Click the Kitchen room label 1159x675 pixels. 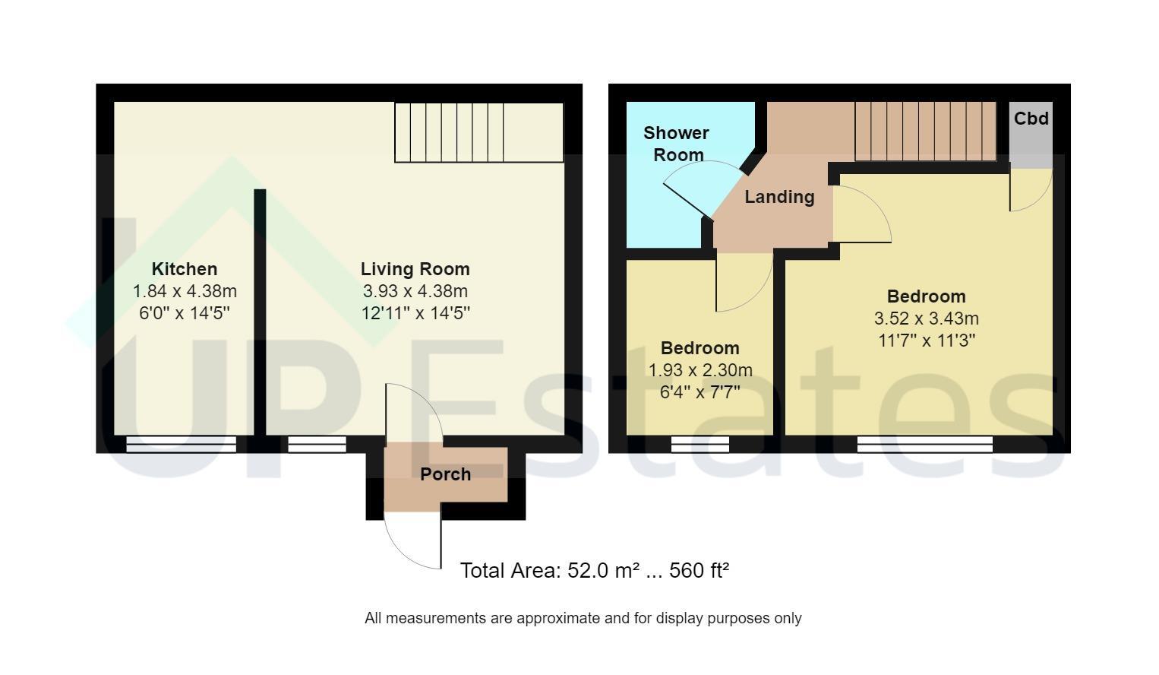(x=185, y=269)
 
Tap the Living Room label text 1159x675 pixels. (x=415, y=269)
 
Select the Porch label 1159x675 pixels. (x=446, y=474)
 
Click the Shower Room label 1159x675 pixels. (x=676, y=144)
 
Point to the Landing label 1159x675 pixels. (x=779, y=197)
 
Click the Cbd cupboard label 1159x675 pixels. (x=1031, y=119)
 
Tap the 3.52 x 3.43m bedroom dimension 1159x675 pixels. (x=926, y=318)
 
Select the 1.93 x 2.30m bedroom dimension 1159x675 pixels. (x=700, y=370)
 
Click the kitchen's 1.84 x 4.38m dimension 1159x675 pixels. (x=185, y=291)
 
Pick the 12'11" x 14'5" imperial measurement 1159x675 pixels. (x=415, y=313)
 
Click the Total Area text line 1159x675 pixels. (x=595, y=570)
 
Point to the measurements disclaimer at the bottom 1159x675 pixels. (x=583, y=618)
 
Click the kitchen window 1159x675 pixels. (x=181, y=444)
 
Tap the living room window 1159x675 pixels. (x=317, y=444)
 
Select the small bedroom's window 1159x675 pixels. (x=700, y=444)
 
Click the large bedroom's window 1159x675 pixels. (x=924, y=444)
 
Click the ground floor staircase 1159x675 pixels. (x=479, y=132)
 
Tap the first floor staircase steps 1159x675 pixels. (x=925, y=131)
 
